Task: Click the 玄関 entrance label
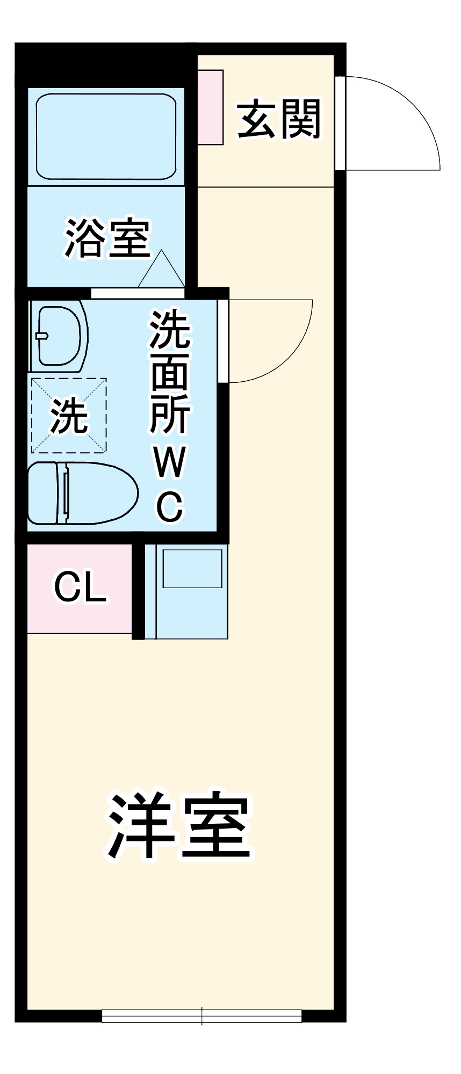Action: click(x=279, y=119)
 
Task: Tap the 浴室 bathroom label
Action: click(x=107, y=238)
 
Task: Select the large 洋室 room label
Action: click(x=179, y=825)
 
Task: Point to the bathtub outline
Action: click(x=106, y=136)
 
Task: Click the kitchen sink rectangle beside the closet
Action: click(x=192, y=568)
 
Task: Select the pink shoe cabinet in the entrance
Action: click(x=210, y=107)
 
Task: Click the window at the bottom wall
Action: click(x=202, y=1015)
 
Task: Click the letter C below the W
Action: click(x=170, y=506)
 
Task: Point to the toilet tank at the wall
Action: click(x=42, y=493)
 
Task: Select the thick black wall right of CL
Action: click(x=138, y=591)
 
